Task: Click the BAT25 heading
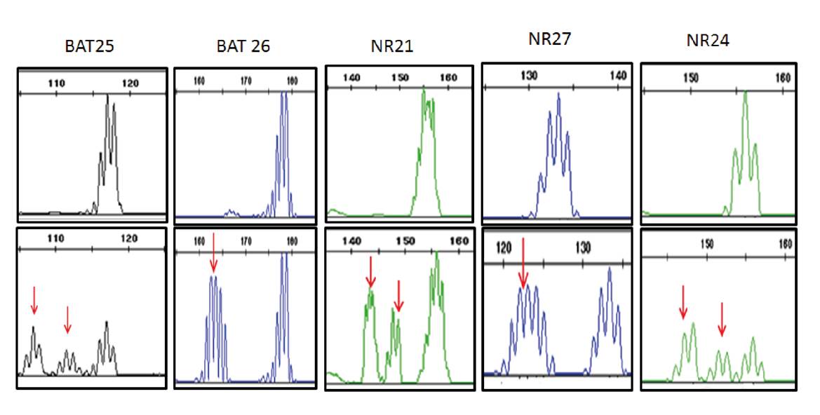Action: point(89,47)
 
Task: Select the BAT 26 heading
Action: point(243,47)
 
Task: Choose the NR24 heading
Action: point(708,41)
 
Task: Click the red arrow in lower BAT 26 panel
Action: point(214,254)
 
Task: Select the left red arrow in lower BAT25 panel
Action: point(34,300)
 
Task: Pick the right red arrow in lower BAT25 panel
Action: point(67,319)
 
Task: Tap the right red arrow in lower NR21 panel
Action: point(398,296)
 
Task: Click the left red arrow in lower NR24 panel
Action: point(683,301)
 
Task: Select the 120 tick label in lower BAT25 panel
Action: point(129,238)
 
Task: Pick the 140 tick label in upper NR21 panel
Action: point(351,78)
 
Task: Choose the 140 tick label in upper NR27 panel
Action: point(618,76)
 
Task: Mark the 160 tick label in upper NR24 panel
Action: point(784,78)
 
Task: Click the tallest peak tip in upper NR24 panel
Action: point(745,92)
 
